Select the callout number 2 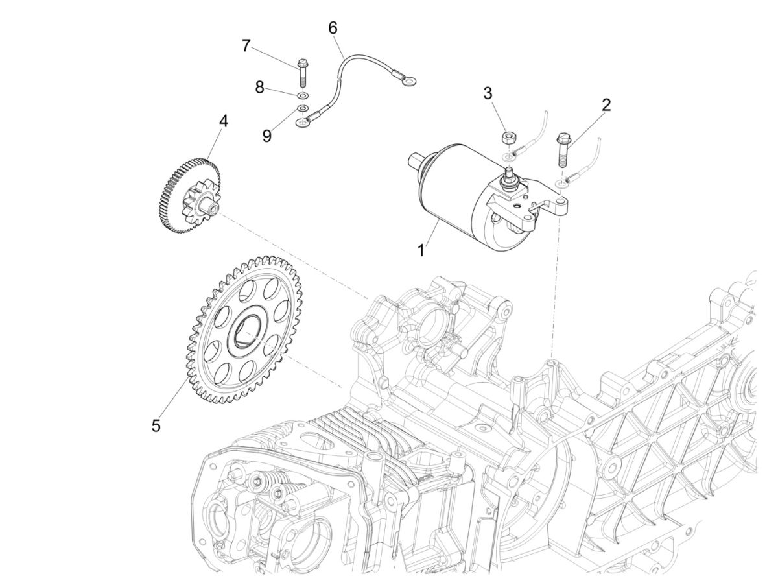click(606, 105)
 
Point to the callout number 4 click(223, 121)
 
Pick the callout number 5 click(156, 425)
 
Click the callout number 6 click(333, 28)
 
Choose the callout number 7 click(246, 45)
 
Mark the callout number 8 click(259, 87)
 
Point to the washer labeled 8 click(302, 95)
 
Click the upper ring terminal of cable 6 click(408, 81)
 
